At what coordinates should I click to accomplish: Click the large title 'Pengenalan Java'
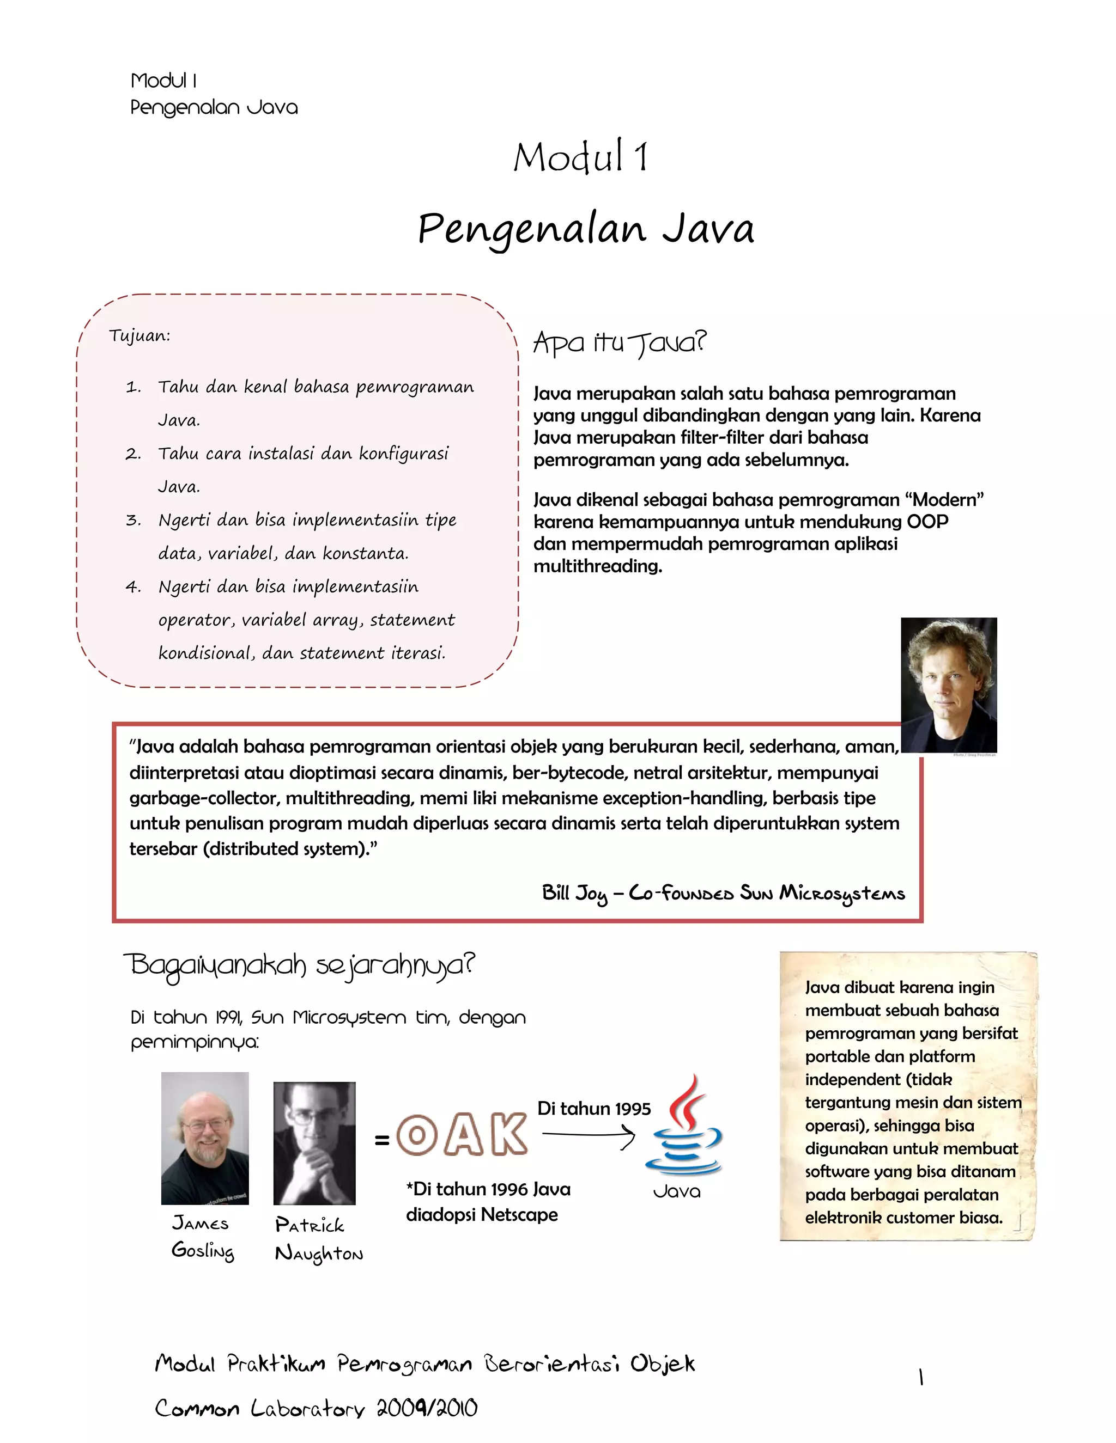586,229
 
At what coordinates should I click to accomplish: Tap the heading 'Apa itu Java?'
620,343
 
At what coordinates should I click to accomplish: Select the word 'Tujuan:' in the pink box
139,335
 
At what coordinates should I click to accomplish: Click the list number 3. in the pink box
133,521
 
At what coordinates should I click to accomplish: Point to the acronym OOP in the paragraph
927,522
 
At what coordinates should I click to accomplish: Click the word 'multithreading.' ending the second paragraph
598,566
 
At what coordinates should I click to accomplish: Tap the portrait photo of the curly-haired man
948,684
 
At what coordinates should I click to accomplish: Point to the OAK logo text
462,1134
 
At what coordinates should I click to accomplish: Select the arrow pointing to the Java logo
589,1136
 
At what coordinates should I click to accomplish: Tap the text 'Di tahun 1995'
594,1109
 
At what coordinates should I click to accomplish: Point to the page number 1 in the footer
920,1378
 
